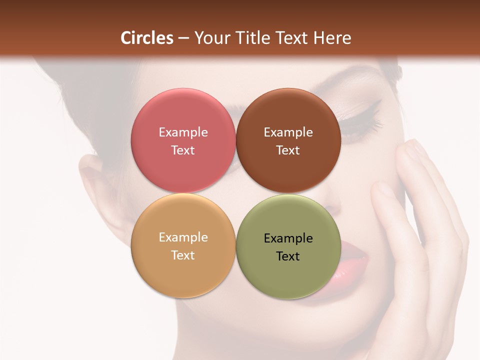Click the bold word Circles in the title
(147, 38)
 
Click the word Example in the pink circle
(183, 132)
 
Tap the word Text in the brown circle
(288, 150)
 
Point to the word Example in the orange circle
(183, 237)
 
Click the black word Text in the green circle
(288, 256)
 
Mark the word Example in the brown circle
(288, 132)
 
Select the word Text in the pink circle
(183, 150)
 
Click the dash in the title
(183, 38)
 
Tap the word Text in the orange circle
(183, 255)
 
